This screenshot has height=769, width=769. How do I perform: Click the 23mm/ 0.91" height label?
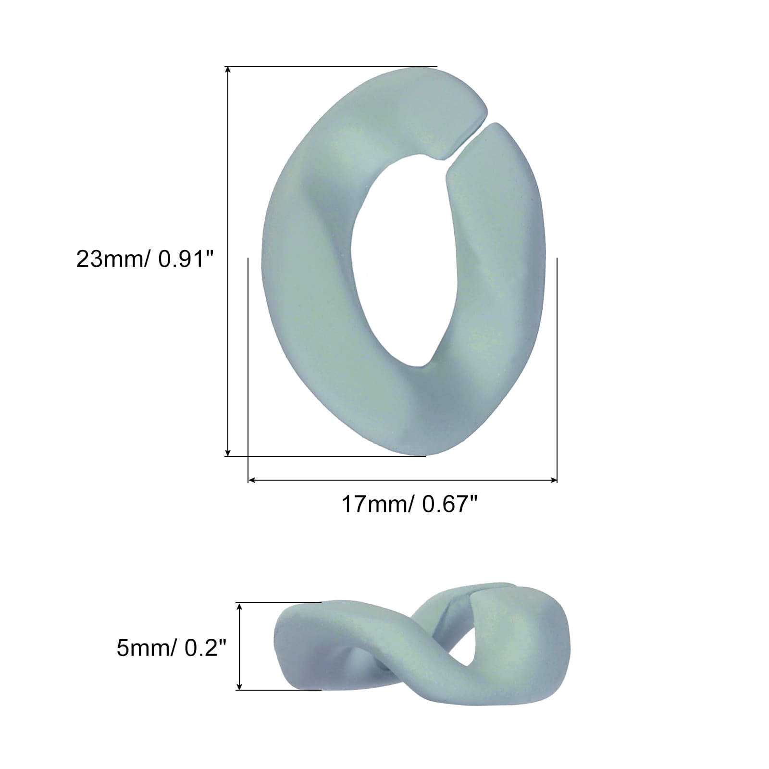144,260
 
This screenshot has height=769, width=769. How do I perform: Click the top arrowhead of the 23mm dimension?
228,70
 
